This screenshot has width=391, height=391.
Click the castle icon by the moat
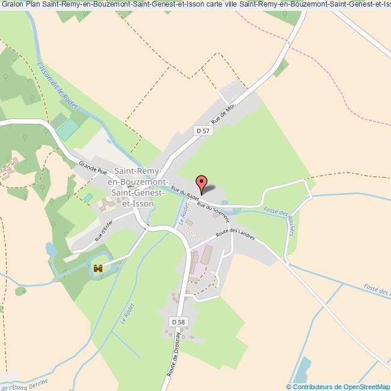(x=98, y=268)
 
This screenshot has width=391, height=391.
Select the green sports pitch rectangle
(x=69, y=129)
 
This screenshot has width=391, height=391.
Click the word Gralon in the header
(x=12, y=5)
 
